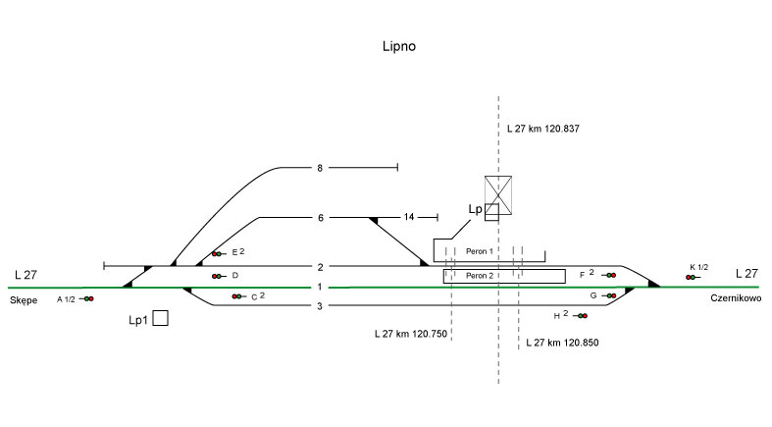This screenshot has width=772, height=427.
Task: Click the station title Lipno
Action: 402,46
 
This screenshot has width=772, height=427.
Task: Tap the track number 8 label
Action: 320,169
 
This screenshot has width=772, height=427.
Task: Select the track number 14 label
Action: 409,217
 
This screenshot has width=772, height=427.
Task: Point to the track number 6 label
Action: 320,217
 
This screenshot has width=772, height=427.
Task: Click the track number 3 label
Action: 320,306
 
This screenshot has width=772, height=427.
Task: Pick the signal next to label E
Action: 218,254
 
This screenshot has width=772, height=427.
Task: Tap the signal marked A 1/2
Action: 87,298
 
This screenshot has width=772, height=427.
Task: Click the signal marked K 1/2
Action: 693,278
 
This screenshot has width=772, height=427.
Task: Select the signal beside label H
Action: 580,316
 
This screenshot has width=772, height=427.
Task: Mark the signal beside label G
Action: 610,295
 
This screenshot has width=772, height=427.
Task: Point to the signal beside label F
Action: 610,275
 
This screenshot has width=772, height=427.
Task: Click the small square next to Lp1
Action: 161,318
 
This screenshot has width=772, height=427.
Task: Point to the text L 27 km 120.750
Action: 411,335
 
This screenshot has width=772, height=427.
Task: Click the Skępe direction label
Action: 26,297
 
